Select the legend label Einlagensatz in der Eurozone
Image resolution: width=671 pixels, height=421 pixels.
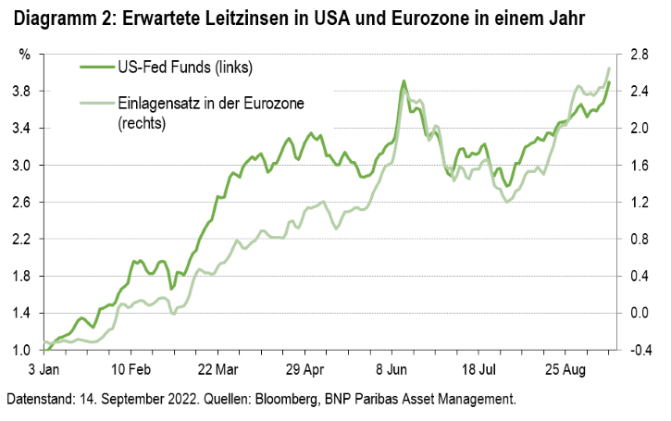[x=198, y=102]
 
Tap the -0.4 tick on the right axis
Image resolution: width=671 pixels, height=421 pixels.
[x=638, y=351]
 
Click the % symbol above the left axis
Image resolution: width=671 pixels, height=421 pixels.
[x=25, y=55]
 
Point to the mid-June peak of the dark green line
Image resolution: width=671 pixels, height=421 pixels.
[x=404, y=82]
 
